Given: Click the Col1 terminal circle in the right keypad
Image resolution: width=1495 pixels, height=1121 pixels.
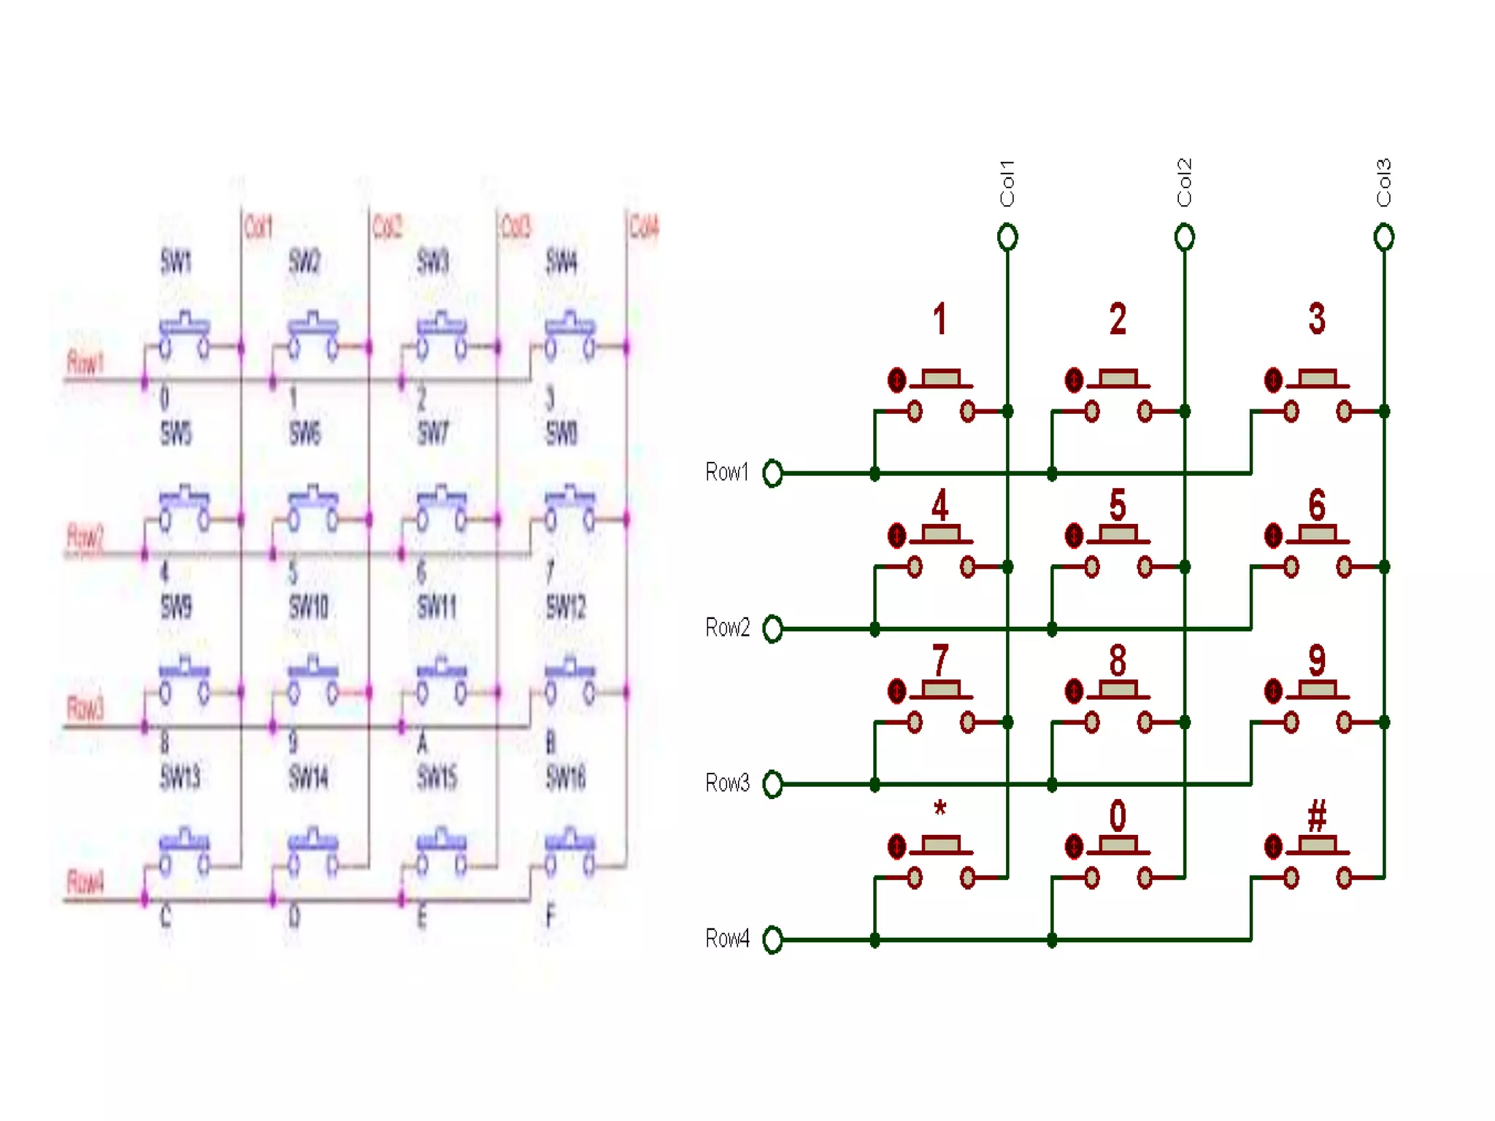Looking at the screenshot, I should pos(1007,237).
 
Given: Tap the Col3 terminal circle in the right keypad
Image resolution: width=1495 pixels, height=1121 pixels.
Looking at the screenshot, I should pos(1383,237).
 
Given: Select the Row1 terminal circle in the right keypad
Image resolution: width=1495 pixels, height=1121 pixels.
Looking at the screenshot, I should pos(772,473).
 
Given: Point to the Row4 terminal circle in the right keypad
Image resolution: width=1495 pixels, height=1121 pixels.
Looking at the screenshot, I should pos(772,939).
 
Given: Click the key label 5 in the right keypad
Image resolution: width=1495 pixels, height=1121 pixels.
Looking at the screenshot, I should pos(1118,504).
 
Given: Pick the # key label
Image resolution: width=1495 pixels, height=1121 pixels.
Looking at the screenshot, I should pos(1317,815).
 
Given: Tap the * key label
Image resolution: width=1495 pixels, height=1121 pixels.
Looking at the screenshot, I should pos(940,809).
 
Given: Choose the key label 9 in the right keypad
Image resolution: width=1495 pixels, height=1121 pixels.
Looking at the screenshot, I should pos(1317,660).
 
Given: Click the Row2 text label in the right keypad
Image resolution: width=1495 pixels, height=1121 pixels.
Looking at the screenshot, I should pos(727,628).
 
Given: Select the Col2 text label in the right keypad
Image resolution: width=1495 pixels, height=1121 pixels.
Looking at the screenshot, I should pos(1184,182).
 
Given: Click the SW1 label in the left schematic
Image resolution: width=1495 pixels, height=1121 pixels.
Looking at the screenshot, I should pos(176,261).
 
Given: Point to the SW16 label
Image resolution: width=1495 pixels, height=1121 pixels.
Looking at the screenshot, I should pos(566,778).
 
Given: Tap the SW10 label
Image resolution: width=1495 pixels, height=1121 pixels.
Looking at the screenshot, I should pos(308,606).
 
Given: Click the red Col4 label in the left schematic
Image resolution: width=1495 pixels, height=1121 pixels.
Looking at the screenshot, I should pos(644,227).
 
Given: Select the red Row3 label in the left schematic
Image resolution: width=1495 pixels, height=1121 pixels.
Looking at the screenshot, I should pos(85,707).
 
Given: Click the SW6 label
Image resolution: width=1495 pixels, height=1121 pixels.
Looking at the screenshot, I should pos(304,434).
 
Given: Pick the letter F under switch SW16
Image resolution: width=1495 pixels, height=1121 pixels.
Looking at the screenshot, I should pos(550,915).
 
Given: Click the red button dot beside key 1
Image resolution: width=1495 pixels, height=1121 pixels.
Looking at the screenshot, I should pos(896,380).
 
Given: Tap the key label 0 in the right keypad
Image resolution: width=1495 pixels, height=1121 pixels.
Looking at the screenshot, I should pos(1118,815).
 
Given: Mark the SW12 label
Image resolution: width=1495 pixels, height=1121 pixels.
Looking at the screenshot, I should pos(566,606).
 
